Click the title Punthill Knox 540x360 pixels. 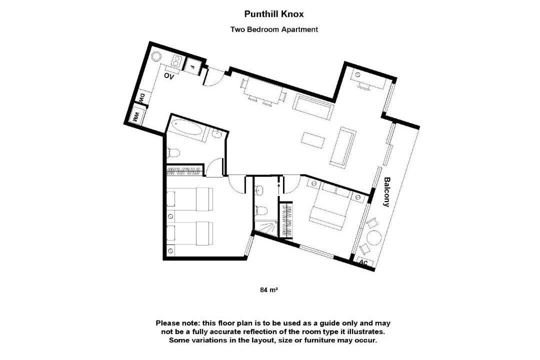click(x=274, y=14)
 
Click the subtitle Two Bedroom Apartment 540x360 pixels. click(x=274, y=29)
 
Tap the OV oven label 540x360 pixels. click(x=169, y=76)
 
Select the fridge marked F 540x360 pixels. click(x=192, y=66)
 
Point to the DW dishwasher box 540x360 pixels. click(x=142, y=98)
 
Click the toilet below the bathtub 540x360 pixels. click(x=173, y=152)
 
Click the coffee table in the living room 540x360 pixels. click(x=312, y=139)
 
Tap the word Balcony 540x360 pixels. click(x=386, y=192)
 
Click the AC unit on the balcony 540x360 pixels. click(x=363, y=262)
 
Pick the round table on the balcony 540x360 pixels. click(x=373, y=238)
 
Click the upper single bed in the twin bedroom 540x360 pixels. click(x=190, y=199)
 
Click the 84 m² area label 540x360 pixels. click(x=269, y=290)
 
